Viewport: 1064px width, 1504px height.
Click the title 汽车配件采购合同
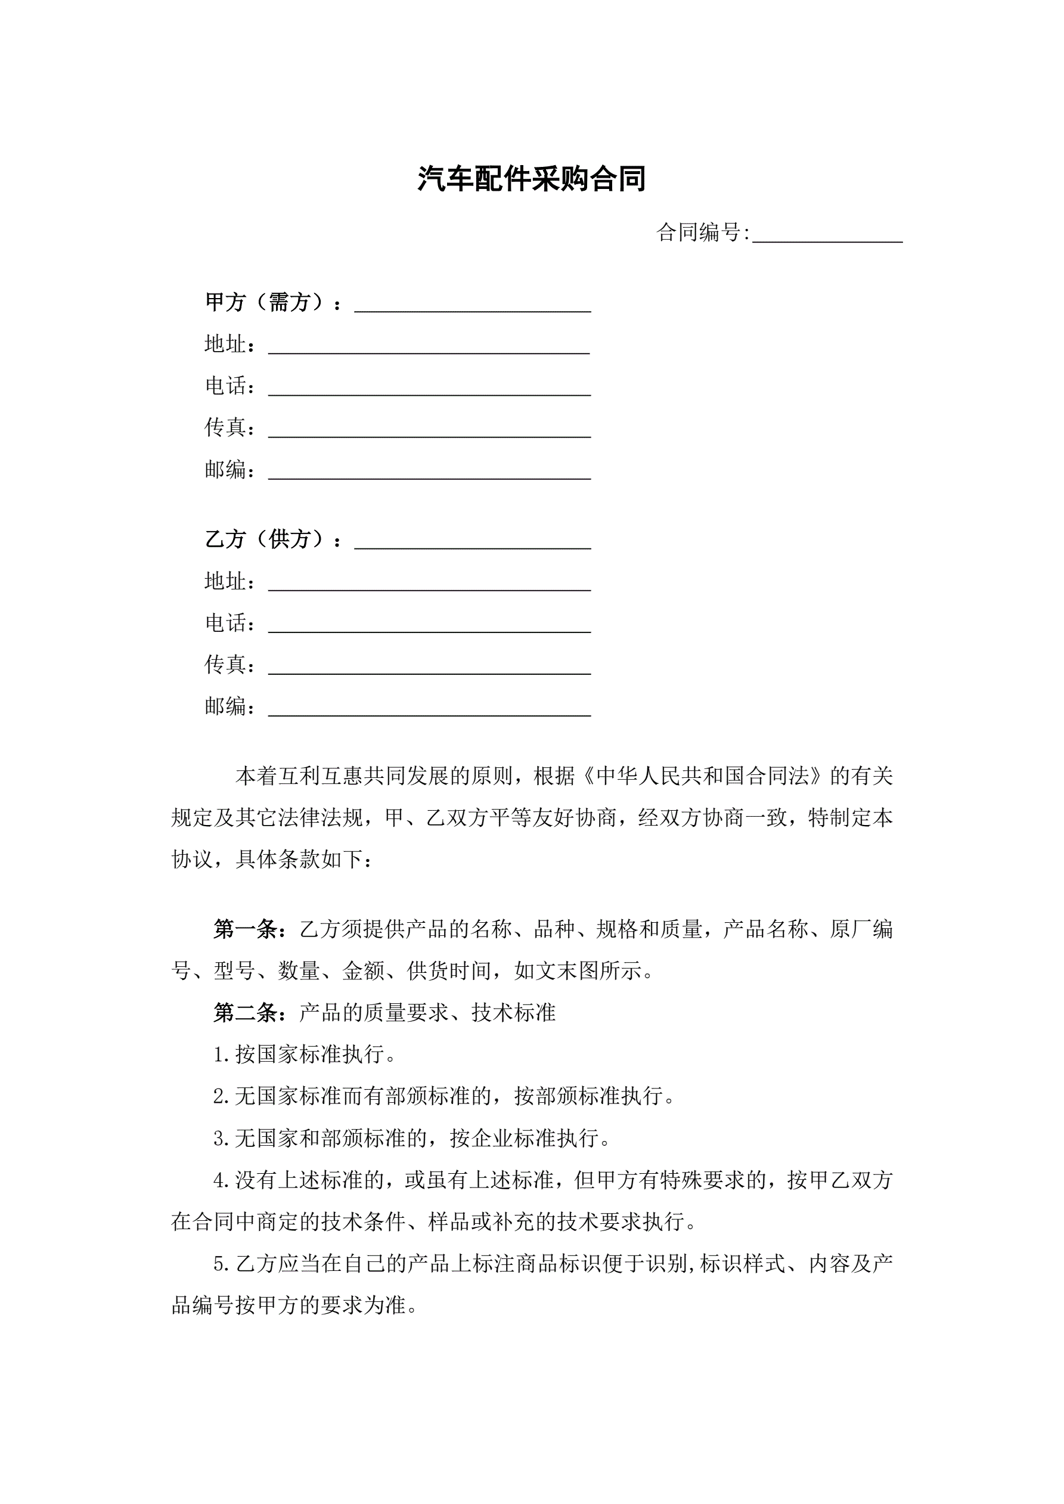(x=531, y=179)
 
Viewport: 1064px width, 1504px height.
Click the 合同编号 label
(x=700, y=232)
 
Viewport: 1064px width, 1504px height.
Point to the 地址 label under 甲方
(x=227, y=344)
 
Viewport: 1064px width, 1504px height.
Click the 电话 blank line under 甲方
(x=429, y=390)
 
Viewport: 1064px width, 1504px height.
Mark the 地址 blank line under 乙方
(x=429, y=584)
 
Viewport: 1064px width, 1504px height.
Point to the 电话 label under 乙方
(x=227, y=623)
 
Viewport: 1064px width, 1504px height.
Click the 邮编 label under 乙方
(x=227, y=706)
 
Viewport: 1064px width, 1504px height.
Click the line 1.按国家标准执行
(x=304, y=1054)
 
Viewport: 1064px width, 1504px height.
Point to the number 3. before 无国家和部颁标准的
(x=221, y=1139)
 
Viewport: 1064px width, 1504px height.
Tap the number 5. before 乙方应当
(x=221, y=1264)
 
